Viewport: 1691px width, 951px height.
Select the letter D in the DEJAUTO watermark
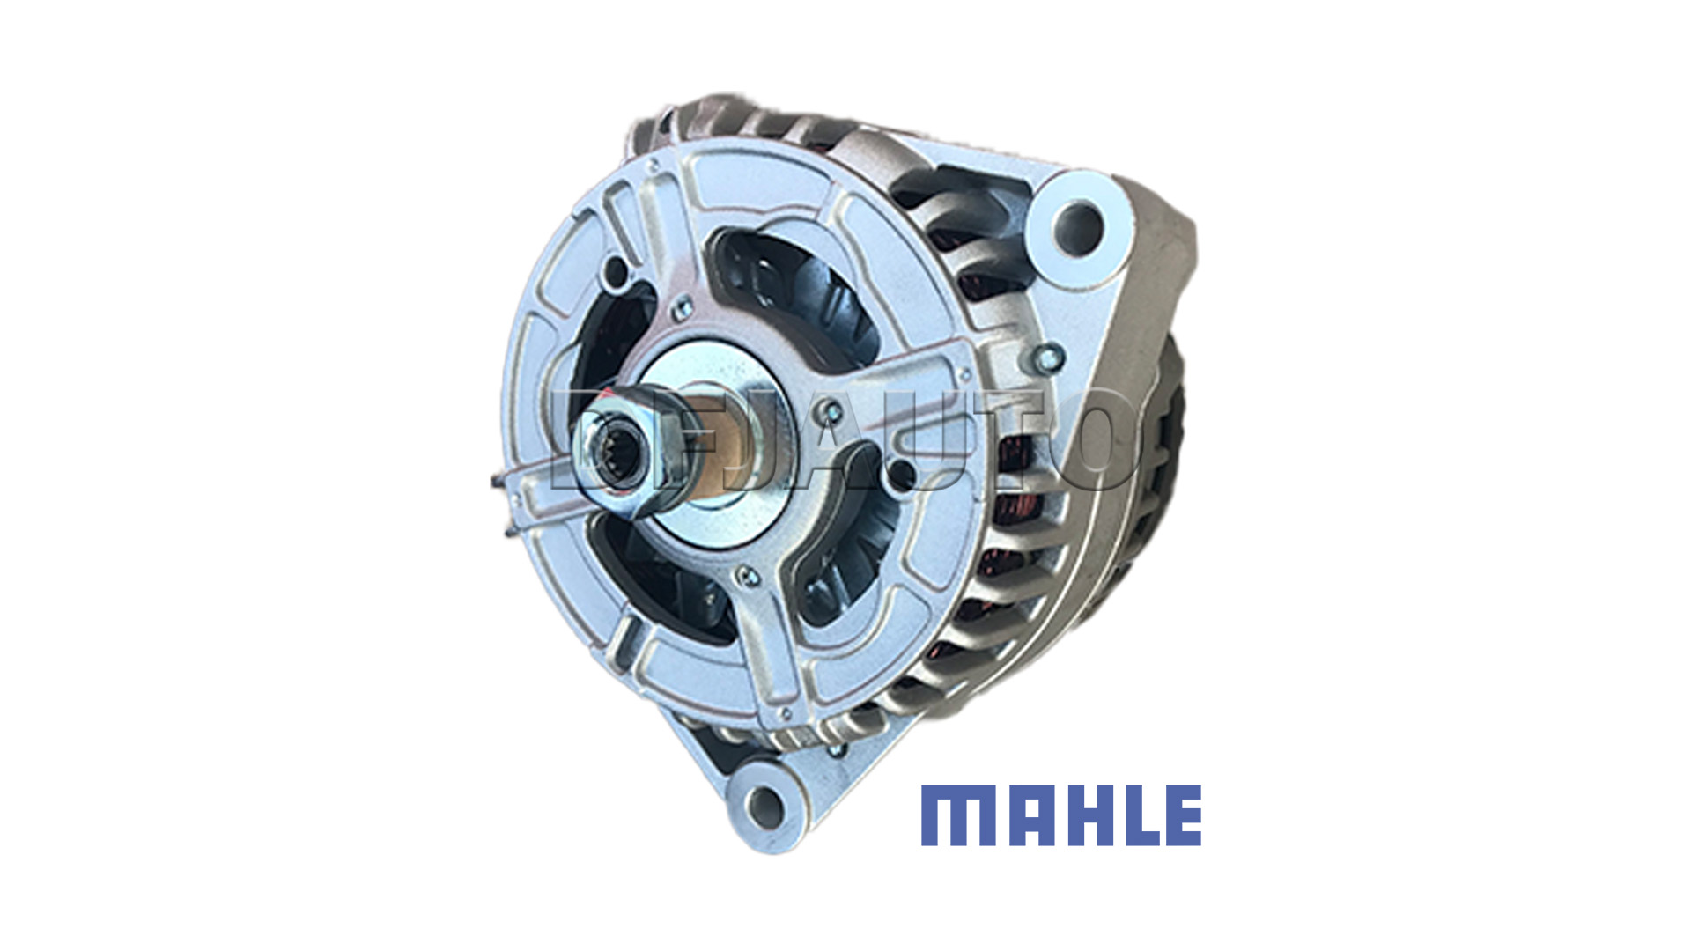pos(588,439)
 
